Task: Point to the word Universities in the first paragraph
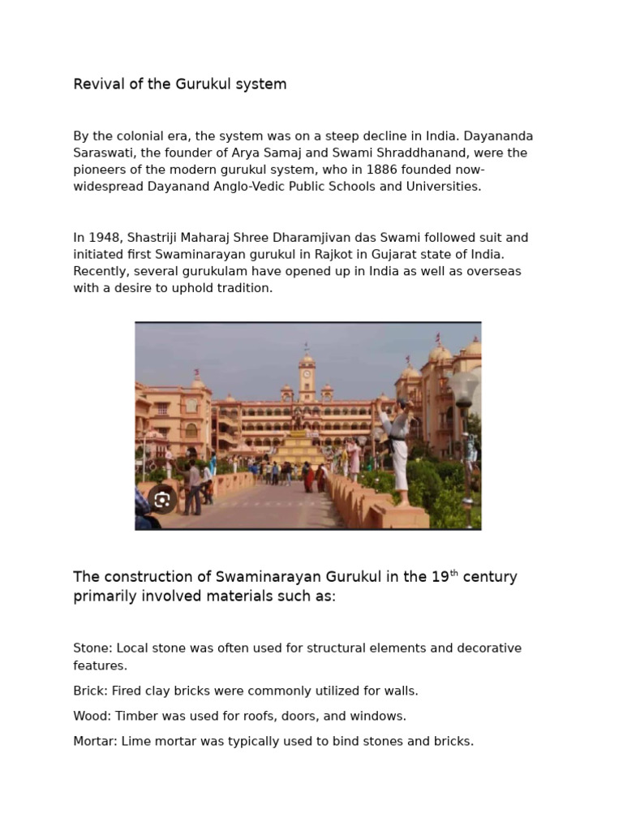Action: tap(443, 187)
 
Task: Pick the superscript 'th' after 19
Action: tap(454, 574)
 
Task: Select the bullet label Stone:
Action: tap(92, 648)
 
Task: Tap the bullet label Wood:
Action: tap(92, 717)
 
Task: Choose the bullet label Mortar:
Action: tap(95, 742)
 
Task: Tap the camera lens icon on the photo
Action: tap(162, 499)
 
